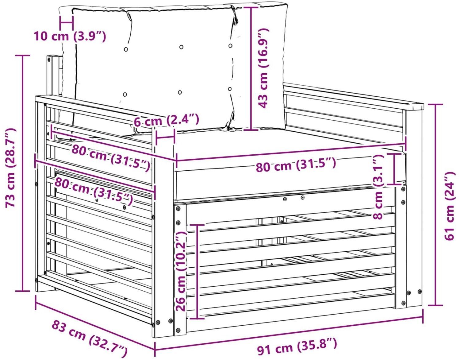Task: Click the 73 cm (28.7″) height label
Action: tap(10, 168)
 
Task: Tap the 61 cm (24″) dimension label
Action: tap(449, 206)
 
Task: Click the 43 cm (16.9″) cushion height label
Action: tap(263, 68)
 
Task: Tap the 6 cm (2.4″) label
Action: tap(167, 120)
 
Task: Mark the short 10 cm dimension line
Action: tap(67, 23)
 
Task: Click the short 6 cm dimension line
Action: tap(165, 137)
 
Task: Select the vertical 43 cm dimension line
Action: tap(251, 69)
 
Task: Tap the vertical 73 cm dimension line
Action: tap(23, 173)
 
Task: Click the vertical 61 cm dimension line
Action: tap(435, 205)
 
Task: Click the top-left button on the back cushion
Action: tap(126, 49)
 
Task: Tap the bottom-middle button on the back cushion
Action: tap(180, 92)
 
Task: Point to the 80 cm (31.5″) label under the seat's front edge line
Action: tap(296, 165)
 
